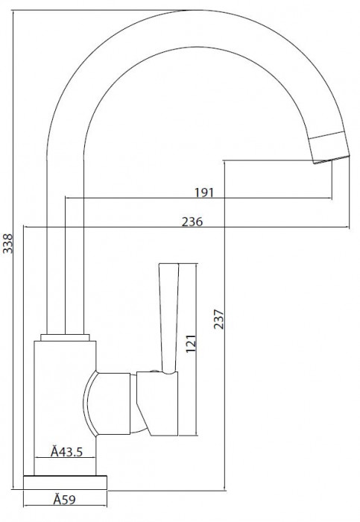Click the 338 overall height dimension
tap(7, 243)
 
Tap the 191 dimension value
tap(204, 192)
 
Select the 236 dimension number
tap(192, 221)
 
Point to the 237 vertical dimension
tap(218, 319)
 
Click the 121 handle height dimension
tap(191, 344)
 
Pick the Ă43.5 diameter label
tap(66, 452)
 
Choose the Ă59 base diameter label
tap(65, 500)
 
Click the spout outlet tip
tap(332, 160)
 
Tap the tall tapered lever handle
tap(169, 318)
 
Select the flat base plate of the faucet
tap(65, 482)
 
